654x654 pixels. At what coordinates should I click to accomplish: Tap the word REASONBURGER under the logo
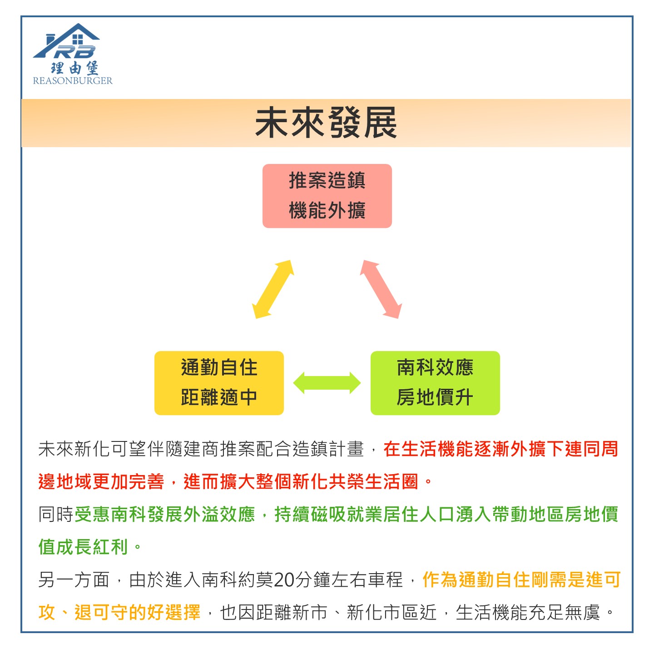coord(73,81)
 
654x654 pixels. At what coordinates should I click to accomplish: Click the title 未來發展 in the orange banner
coord(326,123)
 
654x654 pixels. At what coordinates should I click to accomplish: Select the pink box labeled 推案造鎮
coord(327,196)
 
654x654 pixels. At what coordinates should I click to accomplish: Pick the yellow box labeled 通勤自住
coord(219,383)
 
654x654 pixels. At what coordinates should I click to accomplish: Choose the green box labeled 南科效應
coord(435,383)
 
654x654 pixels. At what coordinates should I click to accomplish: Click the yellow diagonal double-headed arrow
coord(273,289)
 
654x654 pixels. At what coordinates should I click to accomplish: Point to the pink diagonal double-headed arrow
coord(381,289)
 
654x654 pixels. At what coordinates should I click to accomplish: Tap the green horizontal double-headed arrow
coord(327,383)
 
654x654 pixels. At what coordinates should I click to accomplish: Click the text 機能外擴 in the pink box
coord(327,210)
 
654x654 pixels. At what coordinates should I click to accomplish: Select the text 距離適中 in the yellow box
coord(219,397)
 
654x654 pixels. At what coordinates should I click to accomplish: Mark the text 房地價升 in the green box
coord(435,397)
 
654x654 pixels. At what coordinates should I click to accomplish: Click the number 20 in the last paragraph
coord(284,580)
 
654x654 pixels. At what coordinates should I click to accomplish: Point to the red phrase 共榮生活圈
coord(373,481)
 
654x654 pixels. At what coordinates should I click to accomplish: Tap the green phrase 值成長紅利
coord(83,547)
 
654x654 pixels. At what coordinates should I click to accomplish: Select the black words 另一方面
coord(74,580)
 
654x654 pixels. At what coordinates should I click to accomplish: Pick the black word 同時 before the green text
coord(56,515)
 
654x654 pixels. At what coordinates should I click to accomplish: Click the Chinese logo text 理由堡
coord(74,68)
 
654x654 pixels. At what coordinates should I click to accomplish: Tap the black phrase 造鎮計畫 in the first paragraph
coord(328,449)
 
